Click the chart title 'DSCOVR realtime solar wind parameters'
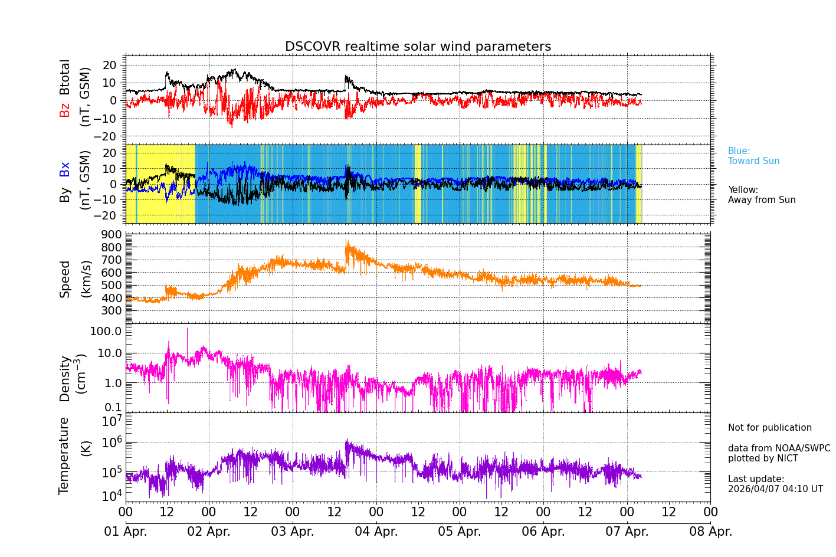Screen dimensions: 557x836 (418, 47)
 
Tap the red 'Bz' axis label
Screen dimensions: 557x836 (65, 110)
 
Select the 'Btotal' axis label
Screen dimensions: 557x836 (65, 77)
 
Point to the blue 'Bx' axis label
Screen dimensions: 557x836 (65, 169)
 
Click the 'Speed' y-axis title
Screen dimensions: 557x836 (65, 278)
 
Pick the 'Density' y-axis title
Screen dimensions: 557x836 (65, 378)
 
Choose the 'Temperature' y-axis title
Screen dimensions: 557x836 (64, 455)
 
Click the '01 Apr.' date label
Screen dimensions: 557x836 (126, 532)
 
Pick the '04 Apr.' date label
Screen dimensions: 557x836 (376, 532)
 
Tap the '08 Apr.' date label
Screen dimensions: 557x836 (711, 532)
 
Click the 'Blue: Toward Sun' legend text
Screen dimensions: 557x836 (753, 156)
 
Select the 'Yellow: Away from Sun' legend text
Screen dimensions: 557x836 (761, 195)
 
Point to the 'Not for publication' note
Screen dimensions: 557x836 (769, 428)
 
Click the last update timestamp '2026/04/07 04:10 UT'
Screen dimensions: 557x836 (775, 489)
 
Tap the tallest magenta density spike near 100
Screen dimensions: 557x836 (188, 329)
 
